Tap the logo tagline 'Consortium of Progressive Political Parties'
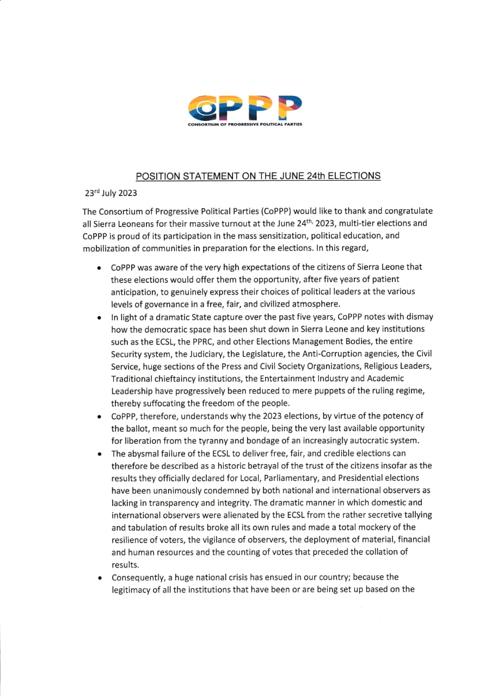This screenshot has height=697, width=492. pyautogui.click(x=244, y=125)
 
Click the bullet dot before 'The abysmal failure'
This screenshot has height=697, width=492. pyautogui.click(x=98, y=454)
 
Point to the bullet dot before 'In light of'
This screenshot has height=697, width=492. pyautogui.click(x=98, y=317)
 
